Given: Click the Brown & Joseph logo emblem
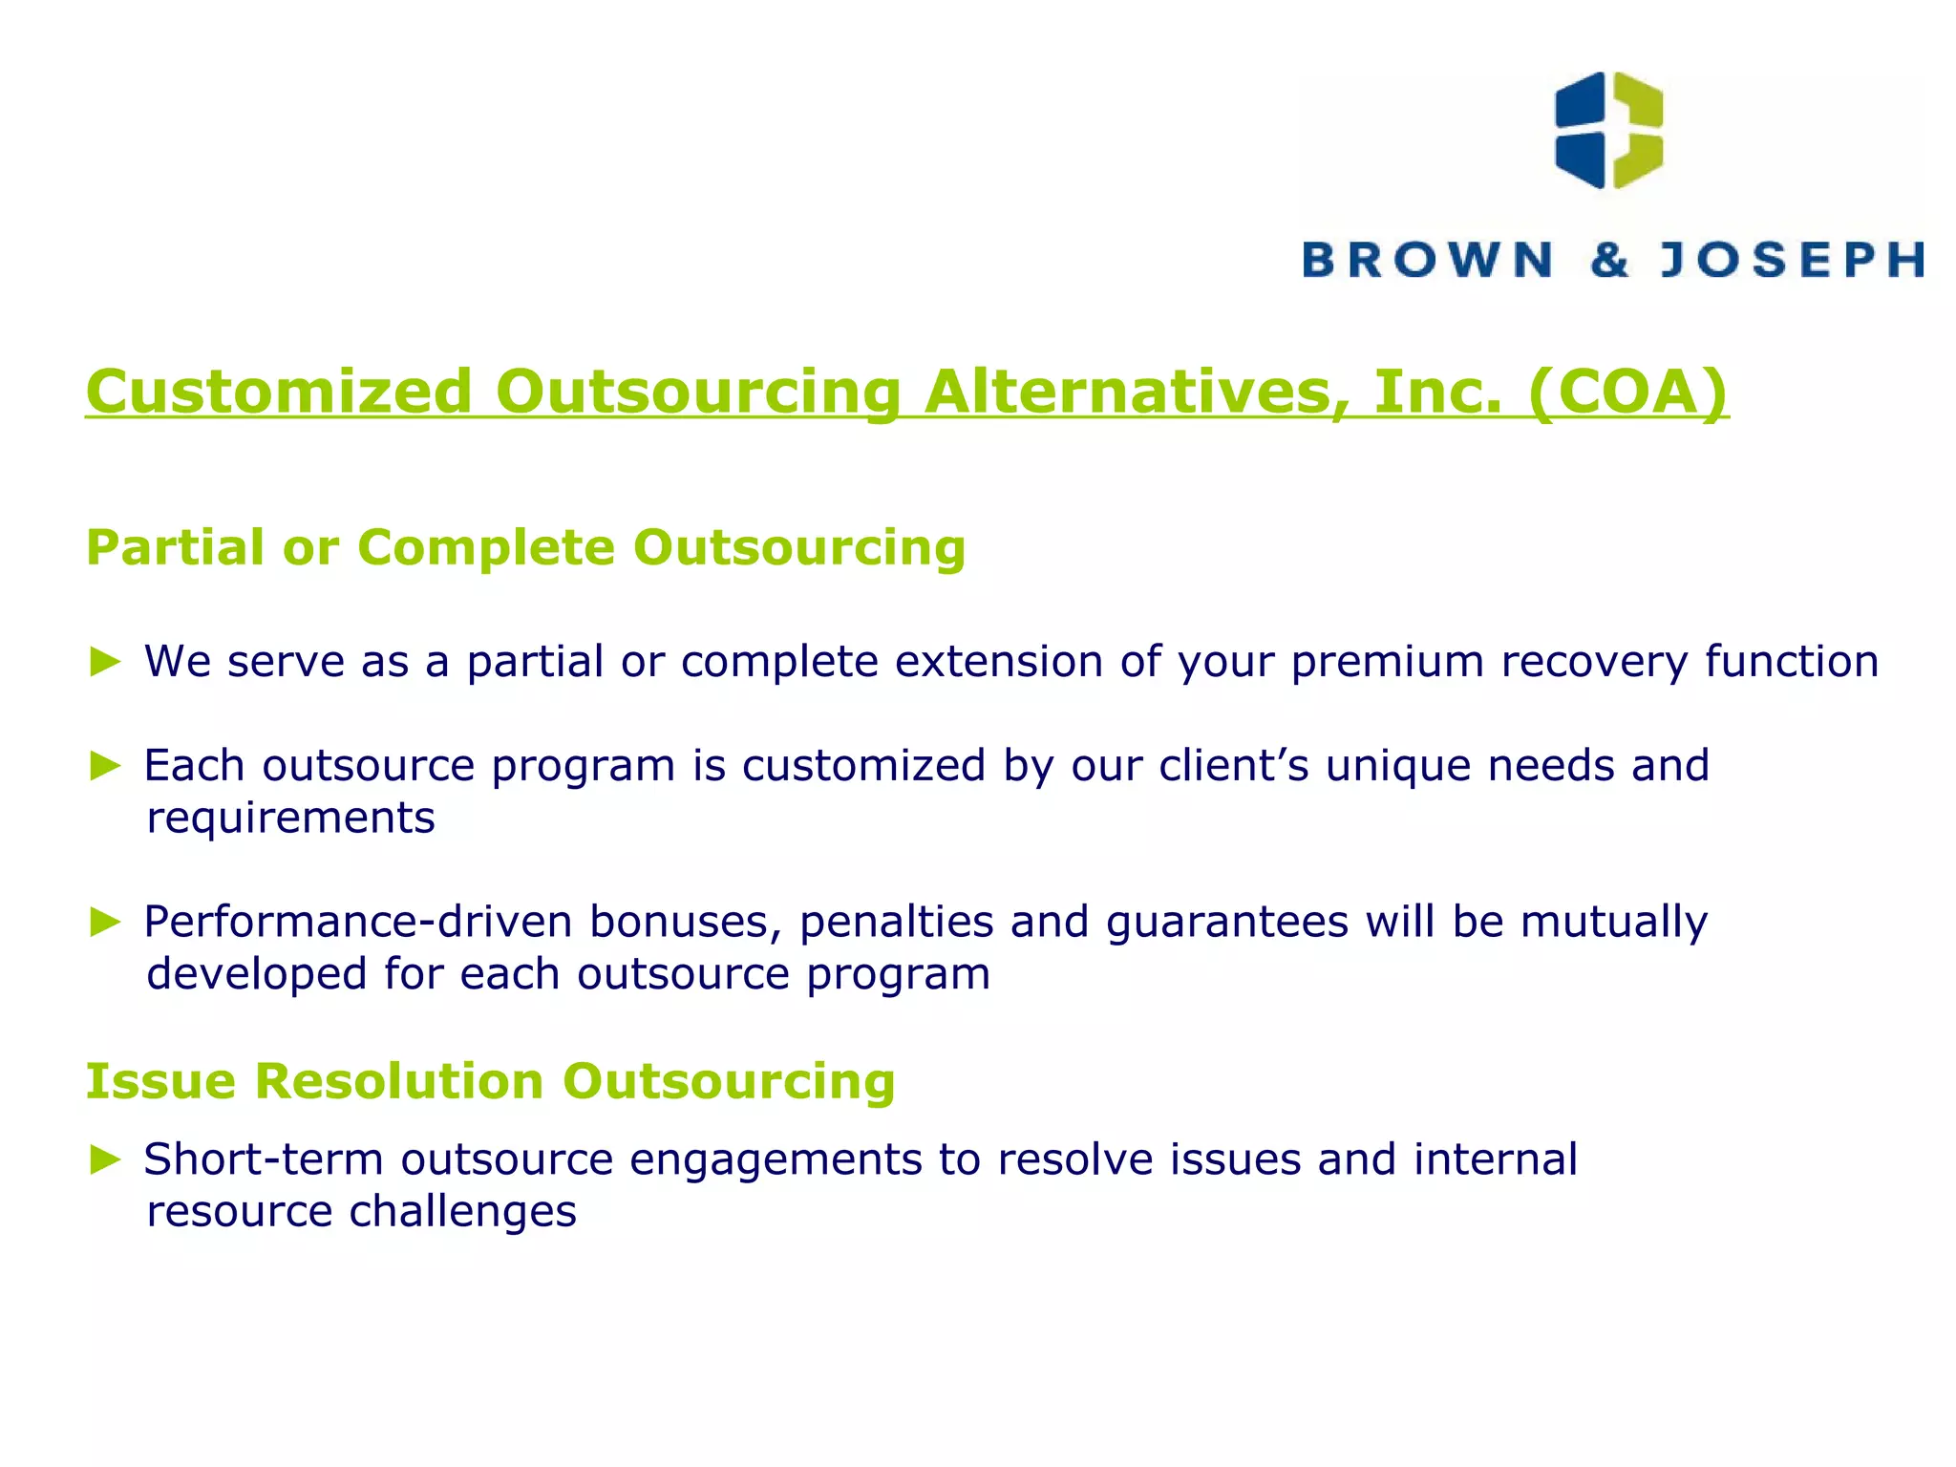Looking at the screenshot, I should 1608,130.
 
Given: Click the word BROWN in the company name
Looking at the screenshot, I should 1427,260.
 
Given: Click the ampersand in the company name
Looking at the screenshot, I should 1609,260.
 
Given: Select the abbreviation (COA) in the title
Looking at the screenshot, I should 1627,392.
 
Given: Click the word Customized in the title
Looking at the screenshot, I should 279,392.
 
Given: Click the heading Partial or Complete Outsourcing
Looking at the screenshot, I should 525,548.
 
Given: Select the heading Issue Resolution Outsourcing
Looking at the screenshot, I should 490,1081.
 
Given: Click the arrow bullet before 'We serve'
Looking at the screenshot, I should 105,662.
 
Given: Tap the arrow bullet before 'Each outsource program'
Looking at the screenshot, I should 105,765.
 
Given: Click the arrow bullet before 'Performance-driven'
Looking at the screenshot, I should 105,922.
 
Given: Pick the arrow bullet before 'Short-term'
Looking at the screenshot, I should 105,1159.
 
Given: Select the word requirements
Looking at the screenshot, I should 290,819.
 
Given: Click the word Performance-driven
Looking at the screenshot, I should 357,922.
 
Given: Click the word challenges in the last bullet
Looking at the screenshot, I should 462,1212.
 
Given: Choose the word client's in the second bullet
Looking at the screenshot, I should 1233,765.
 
